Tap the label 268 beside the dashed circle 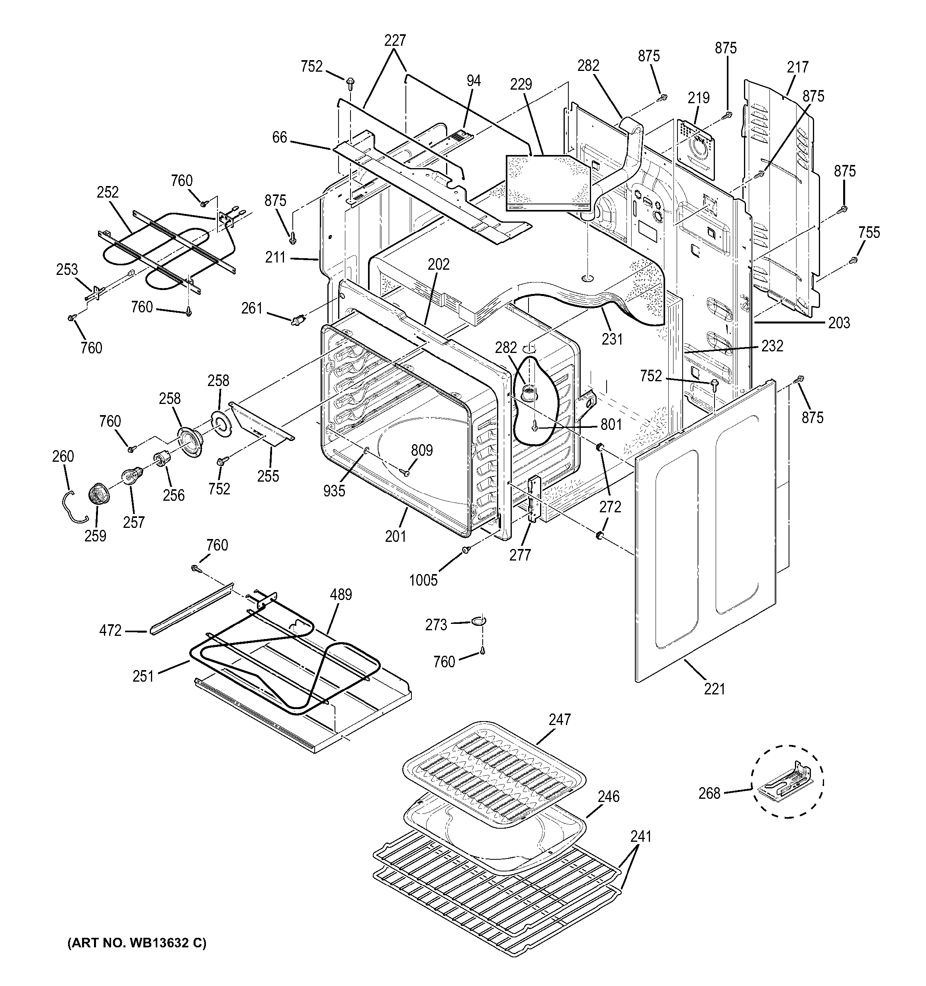(709, 794)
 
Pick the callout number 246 (608, 796)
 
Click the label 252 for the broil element (108, 192)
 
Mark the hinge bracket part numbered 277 (533, 498)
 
